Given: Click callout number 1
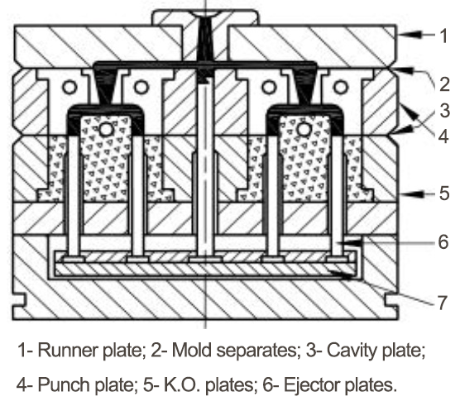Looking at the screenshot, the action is pyautogui.click(x=444, y=36).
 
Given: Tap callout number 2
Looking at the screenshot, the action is pyautogui.click(x=444, y=84).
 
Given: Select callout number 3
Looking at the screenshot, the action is pyautogui.click(x=445, y=111).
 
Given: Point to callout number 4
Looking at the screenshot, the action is pyautogui.click(x=443, y=136).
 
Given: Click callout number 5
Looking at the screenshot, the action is pyautogui.click(x=444, y=193).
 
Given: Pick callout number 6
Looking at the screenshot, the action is pyautogui.click(x=443, y=241).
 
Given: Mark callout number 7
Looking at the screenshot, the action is pyautogui.click(x=442, y=303).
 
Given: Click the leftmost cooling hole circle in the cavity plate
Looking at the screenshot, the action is pyautogui.click(x=69, y=87).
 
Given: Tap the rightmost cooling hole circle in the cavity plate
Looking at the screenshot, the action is pyautogui.click(x=340, y=87).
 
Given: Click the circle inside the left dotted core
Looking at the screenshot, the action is pyautogui.click(x=106, y=130).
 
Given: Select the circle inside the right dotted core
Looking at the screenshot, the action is pyautogui.click(x=304, y=129).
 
